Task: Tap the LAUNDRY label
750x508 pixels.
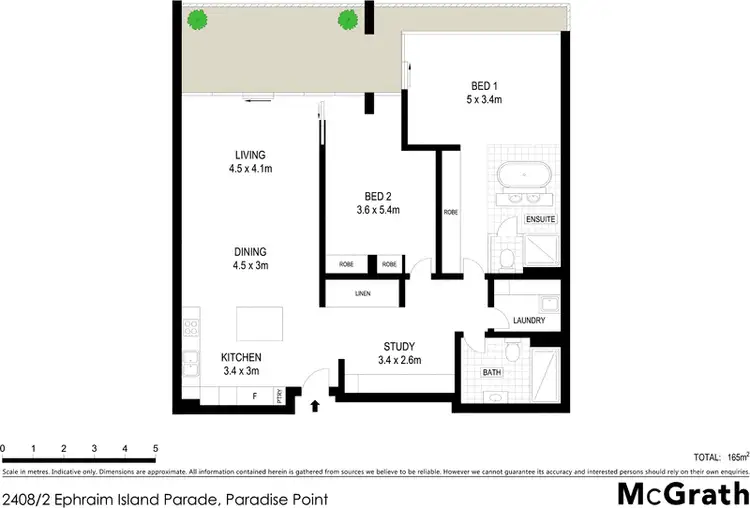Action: coord(527,321)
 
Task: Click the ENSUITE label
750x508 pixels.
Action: coord(540,218)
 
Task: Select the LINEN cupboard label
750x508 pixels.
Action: coord(362,294)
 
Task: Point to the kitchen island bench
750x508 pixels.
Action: coord(259,324)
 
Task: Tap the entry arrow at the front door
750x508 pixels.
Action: coord(317,406)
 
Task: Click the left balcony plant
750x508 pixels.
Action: coord(199,18)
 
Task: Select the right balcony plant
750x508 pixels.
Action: coord(348,18)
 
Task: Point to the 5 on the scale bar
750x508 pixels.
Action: coord(155,448)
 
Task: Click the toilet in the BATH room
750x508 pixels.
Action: coord(513,351)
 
